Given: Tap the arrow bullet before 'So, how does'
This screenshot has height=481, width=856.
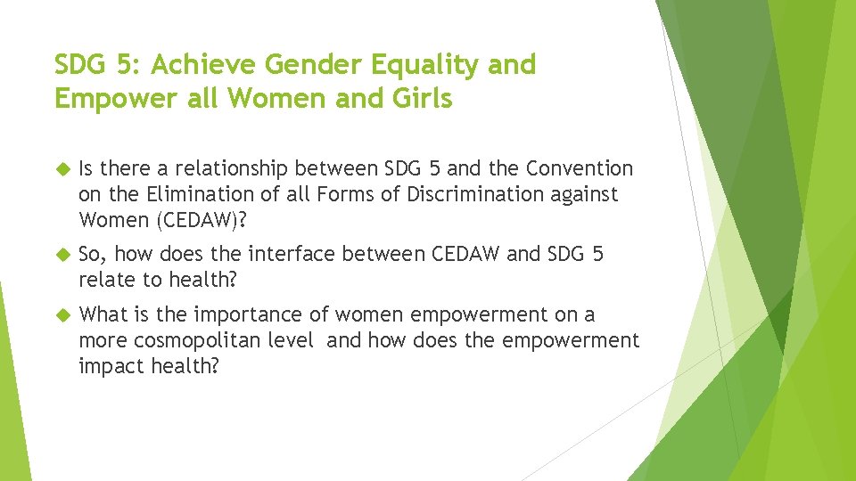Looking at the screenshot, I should [62, 255].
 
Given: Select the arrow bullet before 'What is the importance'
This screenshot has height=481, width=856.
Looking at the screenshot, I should [62, 315].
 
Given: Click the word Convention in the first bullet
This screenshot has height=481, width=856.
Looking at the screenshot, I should [580, 168].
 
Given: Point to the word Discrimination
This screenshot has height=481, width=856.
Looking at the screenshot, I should [457, 193].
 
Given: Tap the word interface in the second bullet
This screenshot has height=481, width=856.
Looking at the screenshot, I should [288, 254].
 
